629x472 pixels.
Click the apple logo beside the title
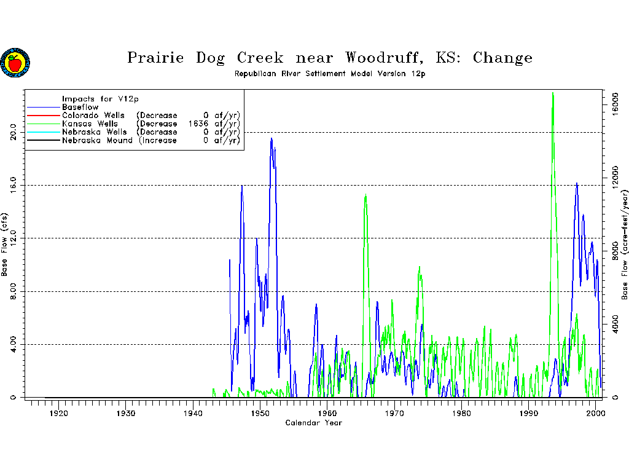point(15,63)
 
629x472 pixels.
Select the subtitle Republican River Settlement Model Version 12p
point(330,74)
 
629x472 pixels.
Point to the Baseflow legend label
point(80,107)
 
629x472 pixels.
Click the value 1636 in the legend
point(198,124)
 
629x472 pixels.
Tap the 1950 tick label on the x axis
point(260,414)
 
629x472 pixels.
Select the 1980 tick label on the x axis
point(461,414)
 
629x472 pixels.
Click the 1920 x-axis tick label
point(58,414)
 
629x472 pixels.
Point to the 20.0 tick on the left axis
point(13,132)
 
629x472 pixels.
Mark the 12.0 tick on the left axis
point(13,238)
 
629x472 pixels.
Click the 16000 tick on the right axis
point(615,104)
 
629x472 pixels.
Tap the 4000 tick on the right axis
point(615,323)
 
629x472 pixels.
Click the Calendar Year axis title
point(314,423)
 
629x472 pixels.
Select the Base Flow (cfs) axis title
point(4,245)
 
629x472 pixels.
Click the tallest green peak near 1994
point(553,93)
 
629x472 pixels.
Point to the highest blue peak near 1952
point(272,139)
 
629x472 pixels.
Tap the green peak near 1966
point(365,195)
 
